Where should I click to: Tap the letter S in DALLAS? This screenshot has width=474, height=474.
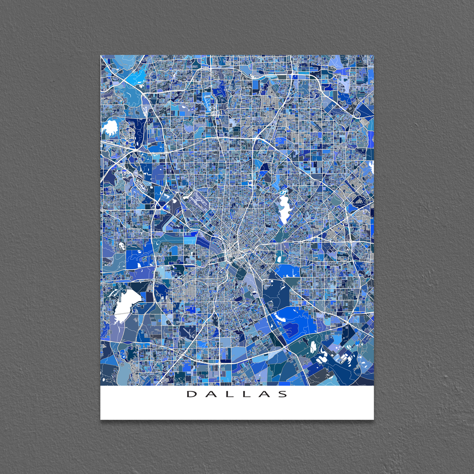(x=283, y=394)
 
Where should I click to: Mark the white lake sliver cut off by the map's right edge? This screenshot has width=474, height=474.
(x=371, y=167)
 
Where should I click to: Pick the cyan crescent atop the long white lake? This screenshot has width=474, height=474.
(x=283, y=192)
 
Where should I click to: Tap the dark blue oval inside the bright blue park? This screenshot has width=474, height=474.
(x=290, y=328)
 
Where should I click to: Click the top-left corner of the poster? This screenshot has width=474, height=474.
(x=101, y=55)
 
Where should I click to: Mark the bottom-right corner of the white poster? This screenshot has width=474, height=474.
(x=373, y=419)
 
